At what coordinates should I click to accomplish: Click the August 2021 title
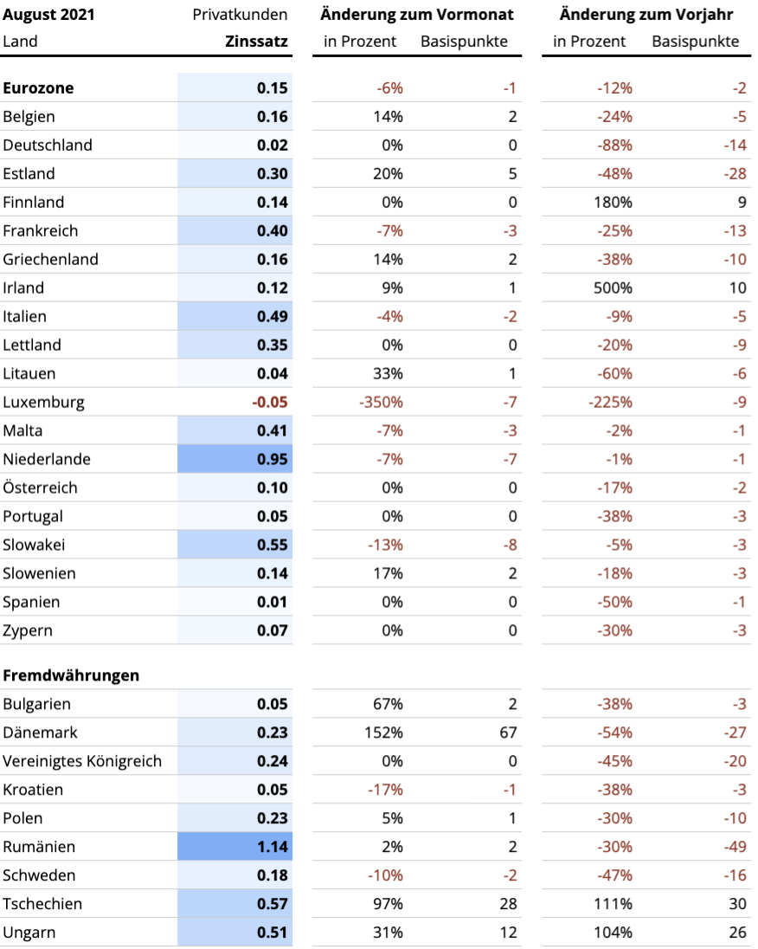pos(49,15)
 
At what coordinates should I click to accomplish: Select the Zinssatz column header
pos(256,42)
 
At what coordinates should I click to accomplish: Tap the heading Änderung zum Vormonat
pos(417,14)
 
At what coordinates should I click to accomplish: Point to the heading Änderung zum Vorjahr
pos(646,14)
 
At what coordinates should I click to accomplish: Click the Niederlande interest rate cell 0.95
pos(273,460)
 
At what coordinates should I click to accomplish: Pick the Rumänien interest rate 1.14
pos(273,847)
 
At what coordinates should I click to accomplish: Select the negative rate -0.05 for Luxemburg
pos(270,402)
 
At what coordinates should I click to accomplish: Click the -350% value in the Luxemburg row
pos(381,402)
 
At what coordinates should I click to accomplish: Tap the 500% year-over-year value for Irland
pos(613,288)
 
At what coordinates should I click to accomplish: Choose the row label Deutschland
pos(48,145)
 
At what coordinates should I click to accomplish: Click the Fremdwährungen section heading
pos(71,675)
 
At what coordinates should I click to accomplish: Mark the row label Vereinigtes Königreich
pos(82,761)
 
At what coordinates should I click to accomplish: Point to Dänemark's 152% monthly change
pos(383,733)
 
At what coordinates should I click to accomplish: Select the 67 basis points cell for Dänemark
pos(508,733)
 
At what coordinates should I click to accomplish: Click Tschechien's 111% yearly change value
pos(613,904)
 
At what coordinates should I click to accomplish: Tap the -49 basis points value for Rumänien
pos(735,847)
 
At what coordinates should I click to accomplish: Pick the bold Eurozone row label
pos(38,88)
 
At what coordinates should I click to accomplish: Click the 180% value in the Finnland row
pos(613,202)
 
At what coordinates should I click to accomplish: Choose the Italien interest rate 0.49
pos(273,317)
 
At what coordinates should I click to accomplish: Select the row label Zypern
pos(28,631)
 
